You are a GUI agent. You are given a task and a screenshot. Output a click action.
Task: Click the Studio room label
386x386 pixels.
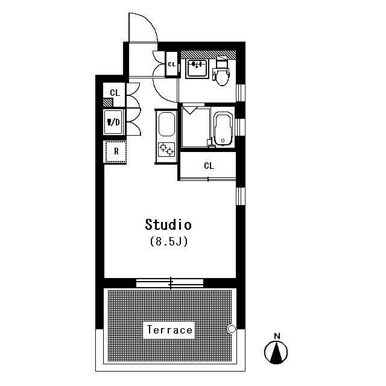[x=168, y=224]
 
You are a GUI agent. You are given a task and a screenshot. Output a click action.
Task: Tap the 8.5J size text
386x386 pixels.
[x=169, y=241]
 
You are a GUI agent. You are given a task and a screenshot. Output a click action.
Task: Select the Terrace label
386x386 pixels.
[x=169, y=330]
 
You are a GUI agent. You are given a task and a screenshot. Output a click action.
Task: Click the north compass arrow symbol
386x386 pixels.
[x=276, y=352]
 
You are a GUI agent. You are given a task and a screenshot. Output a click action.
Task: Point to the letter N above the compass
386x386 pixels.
[x=277, y=336]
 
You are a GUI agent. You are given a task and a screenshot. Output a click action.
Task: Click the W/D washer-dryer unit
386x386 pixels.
[x=113, y=122]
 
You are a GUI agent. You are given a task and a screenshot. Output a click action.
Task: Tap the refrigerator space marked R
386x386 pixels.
[x=116, y=151]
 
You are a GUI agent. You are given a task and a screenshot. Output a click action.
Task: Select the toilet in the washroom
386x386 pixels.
[x=222, y=71]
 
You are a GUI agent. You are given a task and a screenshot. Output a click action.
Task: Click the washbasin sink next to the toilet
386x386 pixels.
[x=197, y=69]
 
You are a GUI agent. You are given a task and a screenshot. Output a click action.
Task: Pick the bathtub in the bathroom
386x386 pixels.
[x=223, y=130]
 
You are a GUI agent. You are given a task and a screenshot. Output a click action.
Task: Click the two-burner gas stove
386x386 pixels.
[x=166, y=150]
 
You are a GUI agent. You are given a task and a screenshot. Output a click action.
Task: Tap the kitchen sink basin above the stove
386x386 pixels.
[x=166, y=124]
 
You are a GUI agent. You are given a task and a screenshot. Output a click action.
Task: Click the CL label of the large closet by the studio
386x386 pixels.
[x=209, y=166]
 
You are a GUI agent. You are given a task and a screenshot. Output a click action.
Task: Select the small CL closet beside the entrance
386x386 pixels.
[x=171, y=65]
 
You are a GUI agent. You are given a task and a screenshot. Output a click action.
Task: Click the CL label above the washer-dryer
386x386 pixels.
[x=115, y=93]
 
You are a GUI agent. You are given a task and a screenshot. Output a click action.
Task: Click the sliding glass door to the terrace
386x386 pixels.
[x=170, y=283]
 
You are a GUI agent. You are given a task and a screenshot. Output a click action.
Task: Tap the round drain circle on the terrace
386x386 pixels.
[x=232, y=329]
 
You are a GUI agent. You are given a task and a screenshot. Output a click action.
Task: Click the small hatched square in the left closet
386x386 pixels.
[x=108, y=103]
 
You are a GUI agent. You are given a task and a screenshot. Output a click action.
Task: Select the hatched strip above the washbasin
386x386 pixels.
[x=208, y=54]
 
